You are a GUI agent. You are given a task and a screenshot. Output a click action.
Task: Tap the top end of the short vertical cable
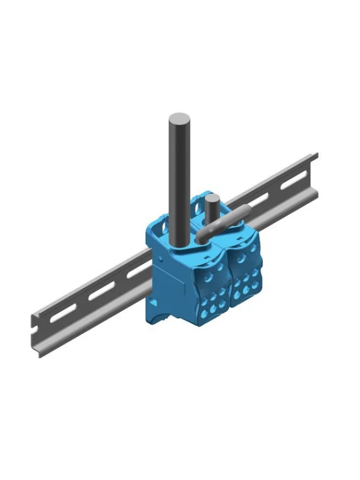point(212,198)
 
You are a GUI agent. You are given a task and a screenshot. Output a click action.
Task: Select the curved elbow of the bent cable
point(203,236)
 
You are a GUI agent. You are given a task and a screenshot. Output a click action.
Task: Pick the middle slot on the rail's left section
point(100,293)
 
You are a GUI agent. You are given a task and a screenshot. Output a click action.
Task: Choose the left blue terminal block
point(189,278)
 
